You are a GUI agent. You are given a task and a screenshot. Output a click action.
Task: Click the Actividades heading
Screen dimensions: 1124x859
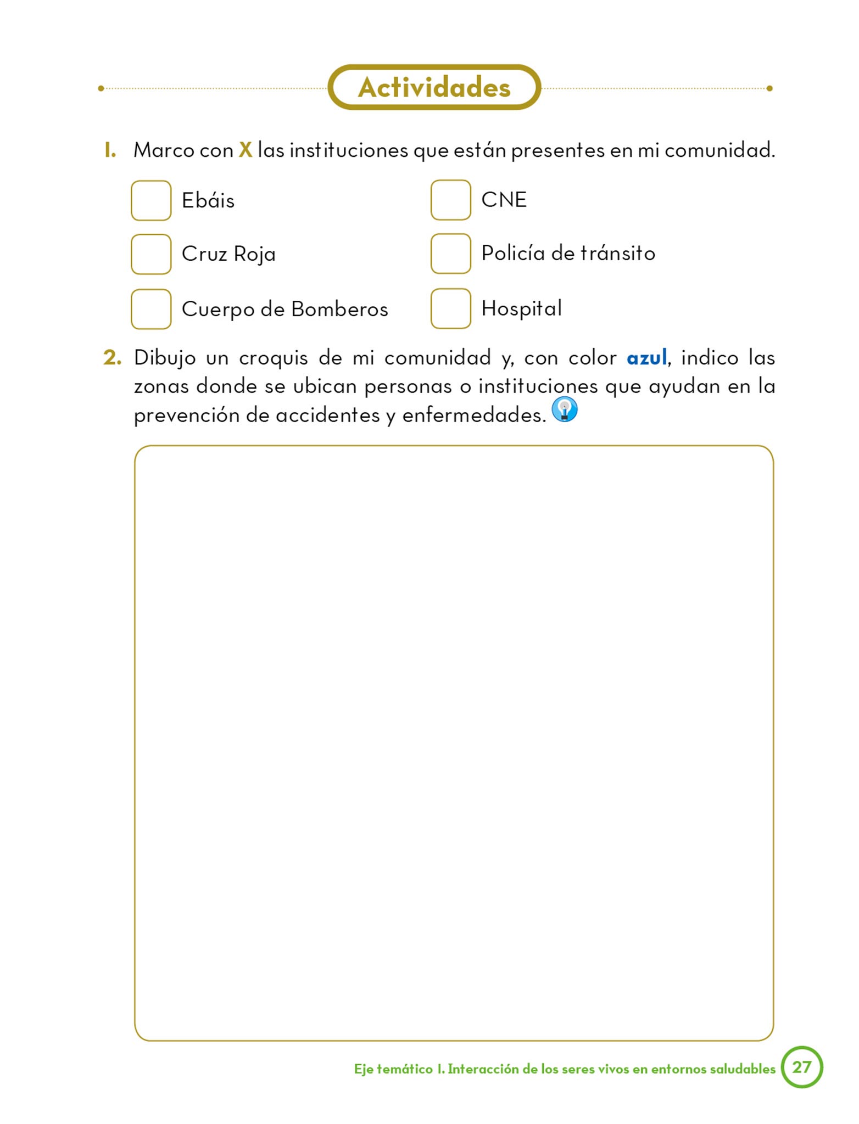click(434, 87)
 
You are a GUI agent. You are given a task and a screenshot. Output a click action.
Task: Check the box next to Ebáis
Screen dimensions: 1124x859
click(151, 201)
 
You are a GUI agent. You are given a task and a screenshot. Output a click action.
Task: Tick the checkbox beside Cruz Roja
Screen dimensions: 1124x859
click(151, 254)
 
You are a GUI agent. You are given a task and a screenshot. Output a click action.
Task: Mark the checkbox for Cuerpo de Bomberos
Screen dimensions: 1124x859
click(151, 309)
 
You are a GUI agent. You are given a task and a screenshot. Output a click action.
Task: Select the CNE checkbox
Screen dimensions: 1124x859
click(450, 200)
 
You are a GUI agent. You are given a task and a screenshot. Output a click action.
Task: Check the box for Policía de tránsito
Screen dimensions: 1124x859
click(450, 254)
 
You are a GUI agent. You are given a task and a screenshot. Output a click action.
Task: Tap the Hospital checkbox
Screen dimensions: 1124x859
click(450, 308)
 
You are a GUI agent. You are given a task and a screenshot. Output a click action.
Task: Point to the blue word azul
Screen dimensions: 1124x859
click(646, 358)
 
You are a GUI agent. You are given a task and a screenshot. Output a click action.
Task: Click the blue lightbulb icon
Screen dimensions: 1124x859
click(565, 409)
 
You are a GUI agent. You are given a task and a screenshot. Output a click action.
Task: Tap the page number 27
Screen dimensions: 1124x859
click(802, 1067)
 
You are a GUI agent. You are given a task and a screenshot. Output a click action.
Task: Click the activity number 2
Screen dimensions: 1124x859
click(112, 358)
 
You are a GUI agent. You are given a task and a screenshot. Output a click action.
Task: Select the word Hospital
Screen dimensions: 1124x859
click(521, 308)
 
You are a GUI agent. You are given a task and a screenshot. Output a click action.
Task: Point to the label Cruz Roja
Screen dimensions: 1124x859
click(228, 254)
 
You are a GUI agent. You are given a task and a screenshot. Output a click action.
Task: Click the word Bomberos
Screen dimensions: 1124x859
click(339, 309)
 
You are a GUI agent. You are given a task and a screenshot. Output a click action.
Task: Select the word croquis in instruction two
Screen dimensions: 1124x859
click(273, 358)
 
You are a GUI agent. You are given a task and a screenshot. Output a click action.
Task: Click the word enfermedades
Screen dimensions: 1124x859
click(474, 415)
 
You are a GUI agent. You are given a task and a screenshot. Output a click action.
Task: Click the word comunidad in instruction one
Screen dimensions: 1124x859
click(719, 150)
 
